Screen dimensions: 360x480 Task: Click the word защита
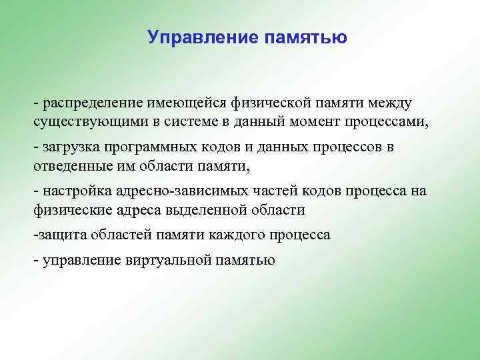point(61,235)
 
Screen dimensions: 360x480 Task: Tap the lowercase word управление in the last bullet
point(82,261)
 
